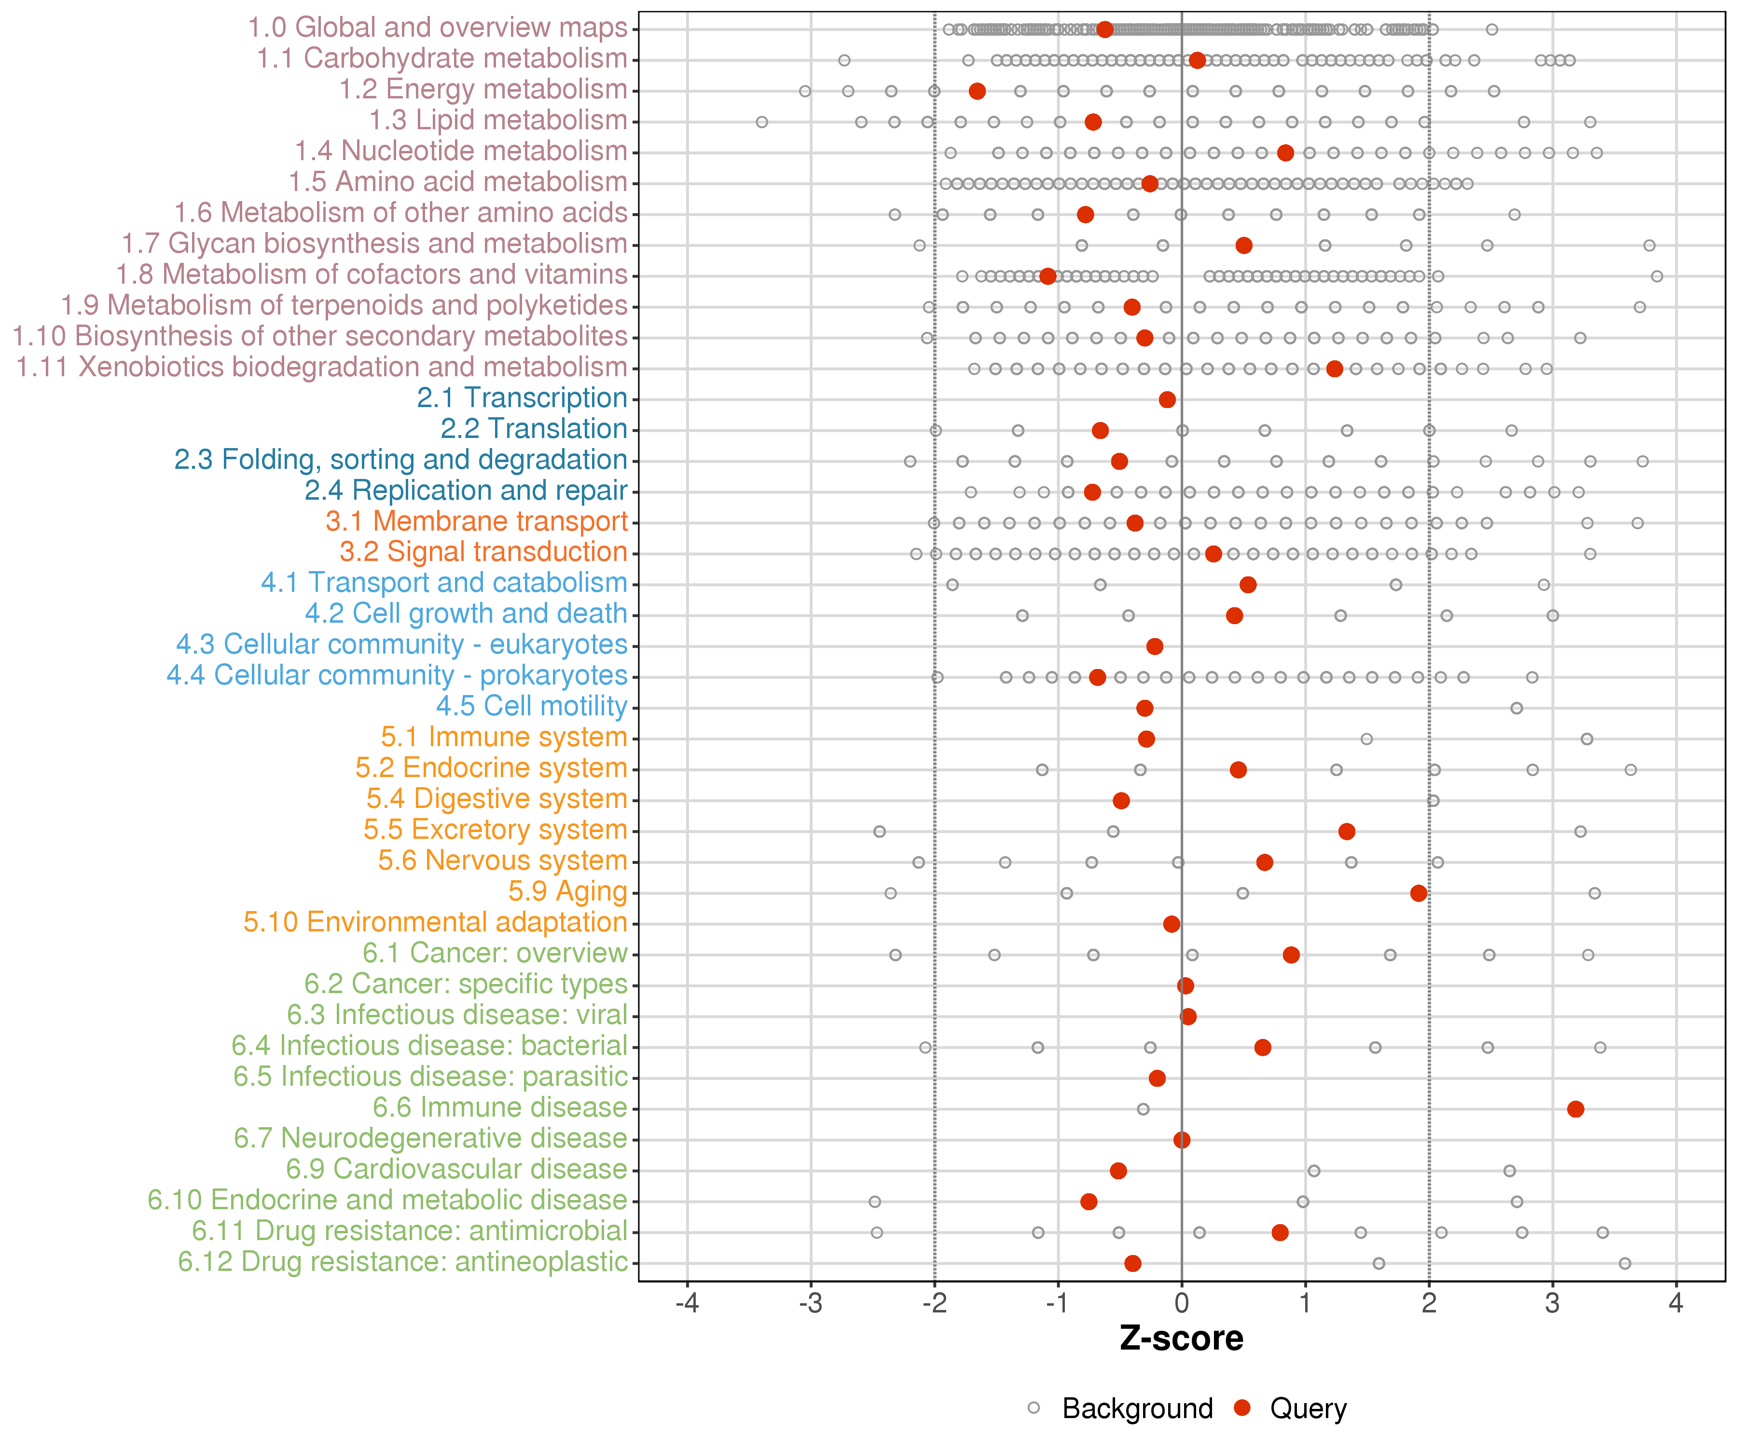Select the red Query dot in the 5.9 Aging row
click(1419, 893)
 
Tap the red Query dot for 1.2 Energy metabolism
click(977, 91)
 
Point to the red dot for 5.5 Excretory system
click(1347, 831)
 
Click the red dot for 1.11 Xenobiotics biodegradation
click(1334, 369)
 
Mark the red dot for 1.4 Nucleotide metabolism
click(1285, 153)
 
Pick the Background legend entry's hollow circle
click(1034, 1408)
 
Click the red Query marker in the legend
click(1241, 1408)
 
